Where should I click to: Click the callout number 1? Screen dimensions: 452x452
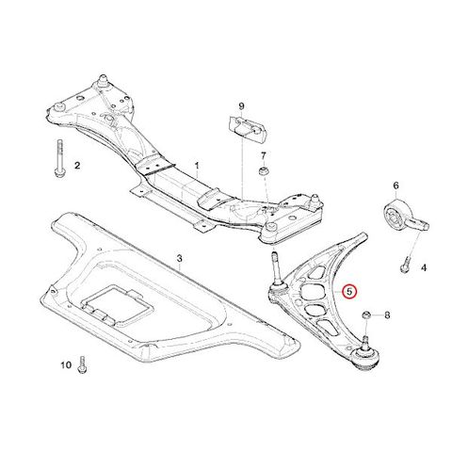(x=197, y=166)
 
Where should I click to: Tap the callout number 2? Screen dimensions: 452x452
(x=77, y=165)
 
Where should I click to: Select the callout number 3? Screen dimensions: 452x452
(x=179, y=259)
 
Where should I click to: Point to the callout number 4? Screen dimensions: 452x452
(x=424, y=268)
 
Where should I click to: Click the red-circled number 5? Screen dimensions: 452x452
(x=349, y=292)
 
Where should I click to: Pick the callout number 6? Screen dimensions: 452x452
(x=395, y=186)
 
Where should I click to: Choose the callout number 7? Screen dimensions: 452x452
(x=263, y=155)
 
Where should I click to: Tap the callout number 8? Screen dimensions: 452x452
(x=387, y=315)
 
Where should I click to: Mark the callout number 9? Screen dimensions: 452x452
(x=241, y=106)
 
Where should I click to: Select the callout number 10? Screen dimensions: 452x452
(x=66, y=365)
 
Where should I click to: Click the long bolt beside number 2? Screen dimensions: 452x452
(x=59, y=158)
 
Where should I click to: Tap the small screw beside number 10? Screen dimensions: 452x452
(x=82, y=364)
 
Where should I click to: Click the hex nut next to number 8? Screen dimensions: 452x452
(x=366, y=315)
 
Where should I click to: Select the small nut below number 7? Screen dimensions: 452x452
(x=263, y=172)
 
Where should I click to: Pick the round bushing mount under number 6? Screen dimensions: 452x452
(x=405, y=217)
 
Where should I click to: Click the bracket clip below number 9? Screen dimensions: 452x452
(x=248, y=129)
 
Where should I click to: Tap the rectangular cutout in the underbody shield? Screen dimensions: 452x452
(x=115, y=304)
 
